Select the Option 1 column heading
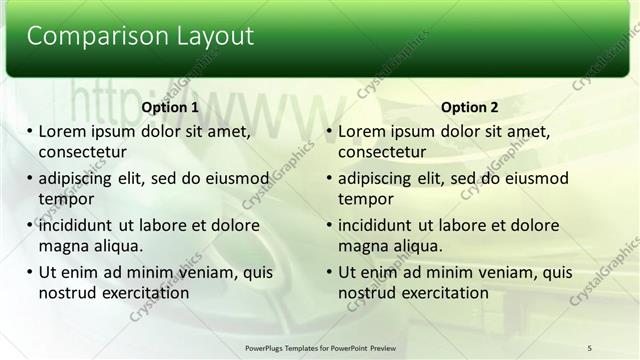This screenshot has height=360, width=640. coord(170,108)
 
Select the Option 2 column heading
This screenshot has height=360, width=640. coord(469,108)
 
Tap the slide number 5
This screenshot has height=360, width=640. coord(590,347)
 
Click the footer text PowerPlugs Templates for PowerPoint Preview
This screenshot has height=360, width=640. coord(320,347)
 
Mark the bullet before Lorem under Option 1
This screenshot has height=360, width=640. coord(29,132)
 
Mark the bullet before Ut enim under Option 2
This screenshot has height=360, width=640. coord(329,273)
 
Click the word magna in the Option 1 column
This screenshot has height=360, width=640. coord(62,246)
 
